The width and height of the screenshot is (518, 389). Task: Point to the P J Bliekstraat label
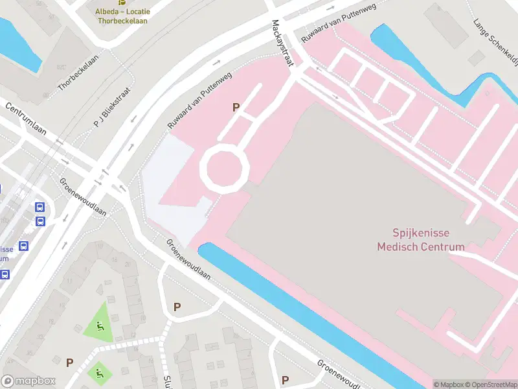tap(112, 107)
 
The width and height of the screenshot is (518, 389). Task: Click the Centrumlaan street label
tap(26, 119)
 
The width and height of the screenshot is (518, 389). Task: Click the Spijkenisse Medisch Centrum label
tap(421, 240)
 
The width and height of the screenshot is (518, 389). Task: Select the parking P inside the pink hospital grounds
tap(236, 108)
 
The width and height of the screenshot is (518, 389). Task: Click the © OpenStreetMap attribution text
tap(490, 384)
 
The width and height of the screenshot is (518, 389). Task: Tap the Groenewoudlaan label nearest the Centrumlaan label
tap(83, 197)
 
